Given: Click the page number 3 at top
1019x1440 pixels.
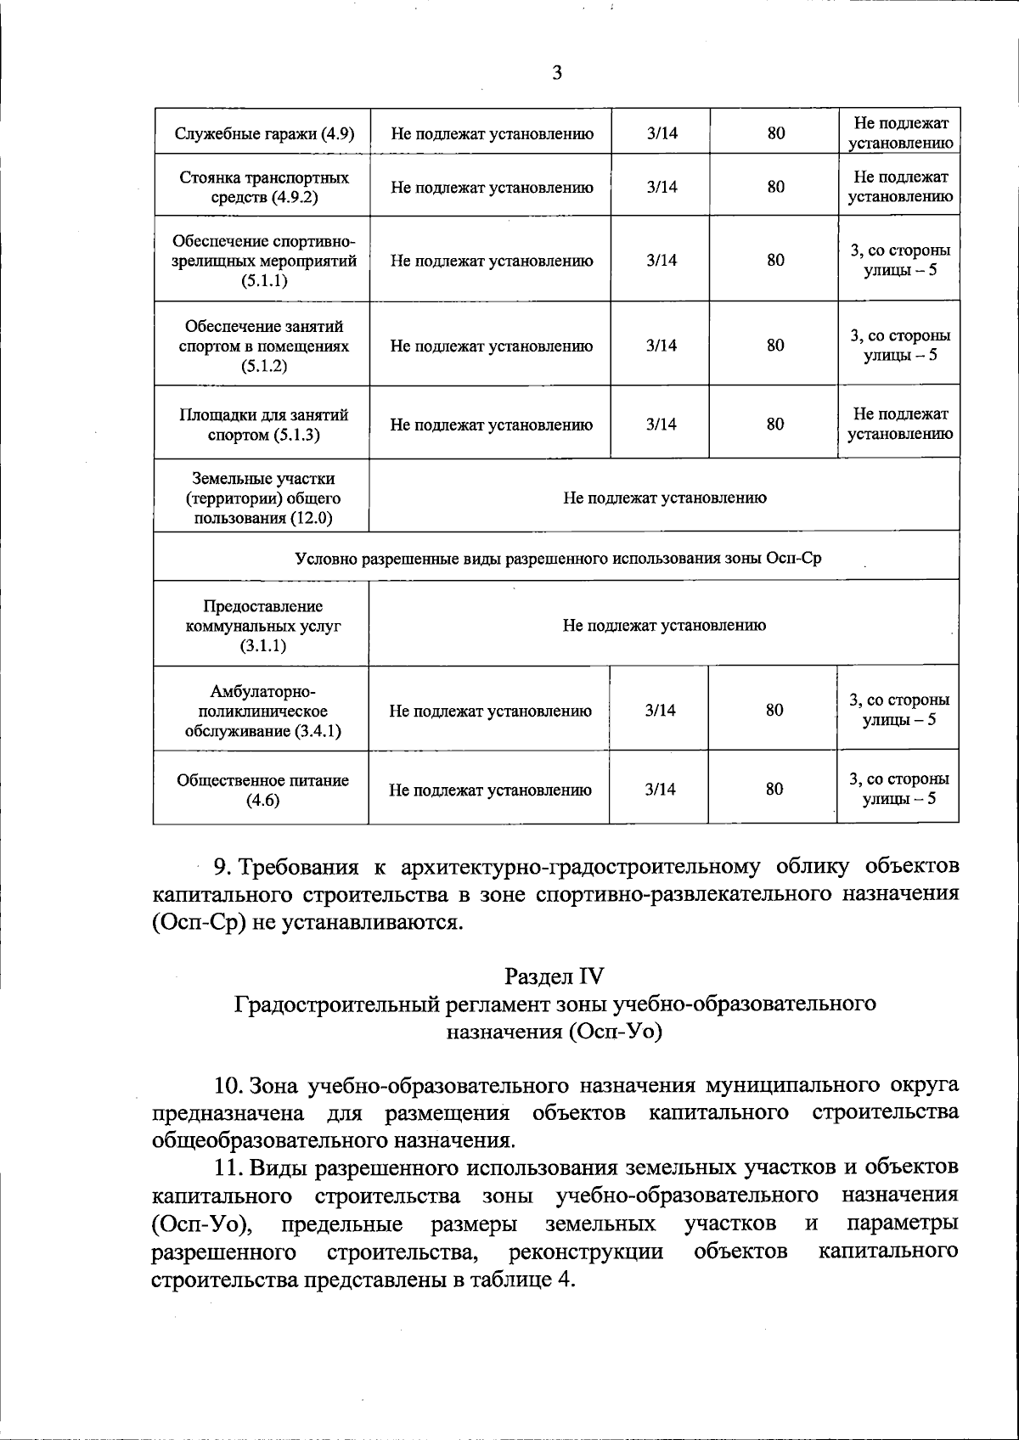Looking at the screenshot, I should click(x=557, y=73).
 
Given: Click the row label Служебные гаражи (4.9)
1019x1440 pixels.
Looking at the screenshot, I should click(x=263, y=133).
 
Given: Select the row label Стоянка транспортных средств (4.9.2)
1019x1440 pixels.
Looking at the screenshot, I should click(x=263, y=188).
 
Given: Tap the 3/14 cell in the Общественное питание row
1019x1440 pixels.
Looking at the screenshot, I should click(x=660, y=790).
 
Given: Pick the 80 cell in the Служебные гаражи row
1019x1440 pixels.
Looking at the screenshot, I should click(x=775, y=133).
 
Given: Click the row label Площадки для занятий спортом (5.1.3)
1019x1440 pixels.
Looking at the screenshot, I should click(x=263, y=425).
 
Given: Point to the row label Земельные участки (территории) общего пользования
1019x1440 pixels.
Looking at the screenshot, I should click(x=263, y=498).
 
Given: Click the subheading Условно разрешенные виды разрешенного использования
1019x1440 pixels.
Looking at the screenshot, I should click(x=557, y=559).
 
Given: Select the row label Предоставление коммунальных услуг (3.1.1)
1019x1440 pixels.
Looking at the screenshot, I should click(x=263, y=626).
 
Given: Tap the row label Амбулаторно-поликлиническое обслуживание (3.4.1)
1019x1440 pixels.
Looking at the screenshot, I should click(x=263, y=711).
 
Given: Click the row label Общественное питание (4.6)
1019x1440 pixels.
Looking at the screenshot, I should click(x=263, y=790).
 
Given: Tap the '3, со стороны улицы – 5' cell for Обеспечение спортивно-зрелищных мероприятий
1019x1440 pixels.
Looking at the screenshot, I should click(x=899, y=261).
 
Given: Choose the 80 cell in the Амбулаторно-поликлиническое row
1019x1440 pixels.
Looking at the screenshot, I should click(x=774, y=711).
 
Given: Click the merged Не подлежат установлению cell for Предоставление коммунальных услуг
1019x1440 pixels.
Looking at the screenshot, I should click(x=664, y=626).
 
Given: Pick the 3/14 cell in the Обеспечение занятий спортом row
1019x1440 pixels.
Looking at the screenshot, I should click(x=661, y=346).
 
